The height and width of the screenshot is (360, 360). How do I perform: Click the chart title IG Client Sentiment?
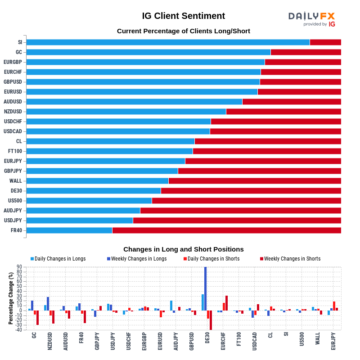click(x=183, y=16)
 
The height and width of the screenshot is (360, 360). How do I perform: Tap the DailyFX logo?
click(x=311, y=18)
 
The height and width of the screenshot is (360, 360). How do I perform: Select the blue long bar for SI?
click(x=168, y=42)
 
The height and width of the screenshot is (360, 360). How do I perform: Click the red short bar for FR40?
click(x=226, y=230)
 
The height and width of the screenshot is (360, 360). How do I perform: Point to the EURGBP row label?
click(x=13, y=62)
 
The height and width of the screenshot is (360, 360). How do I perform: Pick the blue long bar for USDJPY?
click(x=80, y=220)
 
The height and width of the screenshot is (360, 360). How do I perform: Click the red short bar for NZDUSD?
click(x=283, y=112)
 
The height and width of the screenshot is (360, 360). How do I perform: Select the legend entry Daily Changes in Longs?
click(x=58, y=259)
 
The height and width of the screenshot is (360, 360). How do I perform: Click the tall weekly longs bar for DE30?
click(x=206, y=288)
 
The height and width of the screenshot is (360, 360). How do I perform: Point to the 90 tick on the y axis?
click(x=19, y=267)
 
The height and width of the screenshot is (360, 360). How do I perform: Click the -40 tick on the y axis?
click(x=18, y=330)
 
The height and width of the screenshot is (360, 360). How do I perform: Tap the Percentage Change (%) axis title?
click(x=11, y=298)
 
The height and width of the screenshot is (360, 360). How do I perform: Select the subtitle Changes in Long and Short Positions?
click(x=183, y=249)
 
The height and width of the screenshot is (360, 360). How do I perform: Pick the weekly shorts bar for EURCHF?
click(x=226, y=303)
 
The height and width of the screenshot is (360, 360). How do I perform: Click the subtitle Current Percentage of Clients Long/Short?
click(x=183, y=31)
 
